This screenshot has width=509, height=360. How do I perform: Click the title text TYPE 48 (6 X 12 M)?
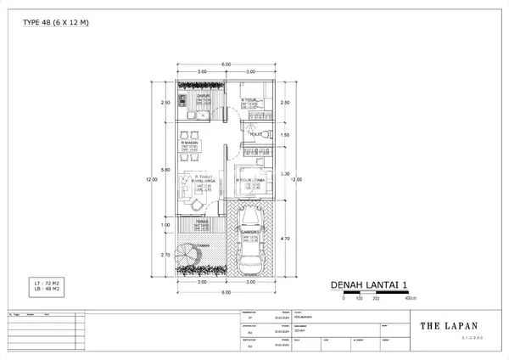55,22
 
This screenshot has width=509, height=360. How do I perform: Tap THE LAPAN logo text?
449,325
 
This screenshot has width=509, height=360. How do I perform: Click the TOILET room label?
255,134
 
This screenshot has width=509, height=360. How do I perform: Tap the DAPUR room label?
203,97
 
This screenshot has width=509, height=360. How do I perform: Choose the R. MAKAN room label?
189,143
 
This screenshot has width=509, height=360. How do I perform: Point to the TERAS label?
202,222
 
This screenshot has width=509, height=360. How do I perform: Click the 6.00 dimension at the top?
227,65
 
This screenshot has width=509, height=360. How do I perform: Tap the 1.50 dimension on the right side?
285,135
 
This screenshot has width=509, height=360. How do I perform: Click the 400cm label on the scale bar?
411,299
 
